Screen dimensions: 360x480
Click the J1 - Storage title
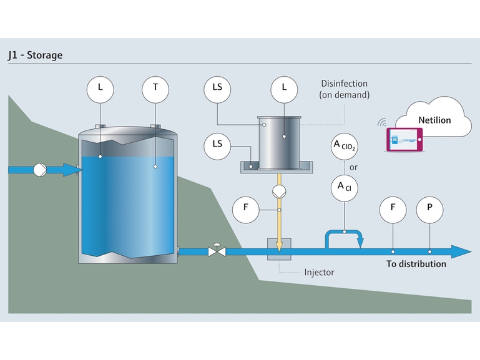tap(35, 55)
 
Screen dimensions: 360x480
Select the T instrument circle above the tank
tap(155, 87)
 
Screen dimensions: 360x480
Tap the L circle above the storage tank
tap(100, 87)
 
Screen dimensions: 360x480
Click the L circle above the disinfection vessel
tap(284, 87)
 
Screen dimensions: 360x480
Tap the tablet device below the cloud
tap(405, 140)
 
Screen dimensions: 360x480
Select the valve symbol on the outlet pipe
tap(217, 251)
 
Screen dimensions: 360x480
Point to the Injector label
tap(319, 272)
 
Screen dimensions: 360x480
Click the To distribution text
tap(416, 264)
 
